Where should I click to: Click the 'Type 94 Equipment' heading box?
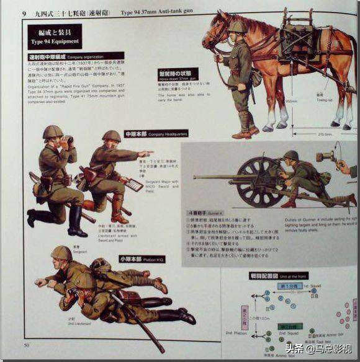pos(54,36)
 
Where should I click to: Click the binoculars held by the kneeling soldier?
pos(66,139)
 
